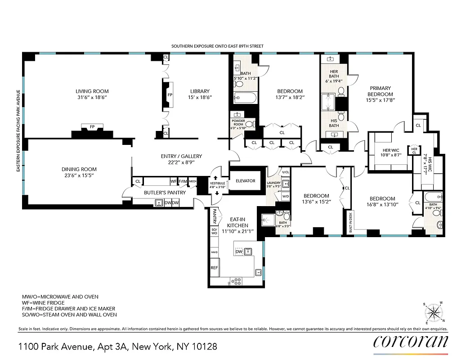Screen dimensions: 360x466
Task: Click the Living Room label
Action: pos(92,91)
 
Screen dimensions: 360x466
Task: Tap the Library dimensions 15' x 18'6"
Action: pos(200,97)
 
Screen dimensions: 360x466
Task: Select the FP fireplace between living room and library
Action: pos(170,95)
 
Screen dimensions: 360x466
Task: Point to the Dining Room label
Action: pos(80,169)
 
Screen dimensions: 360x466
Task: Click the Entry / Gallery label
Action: pos(181,156)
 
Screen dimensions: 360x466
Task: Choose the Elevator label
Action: pos(245,181)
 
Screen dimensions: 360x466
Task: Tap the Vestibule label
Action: pos(217,183)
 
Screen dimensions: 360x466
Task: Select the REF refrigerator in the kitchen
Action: pos(214,267)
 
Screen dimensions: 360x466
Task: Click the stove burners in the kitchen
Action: pos(236,281)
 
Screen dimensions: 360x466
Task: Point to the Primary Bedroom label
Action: pos(380,91)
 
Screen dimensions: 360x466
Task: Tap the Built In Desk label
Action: pos(350,220)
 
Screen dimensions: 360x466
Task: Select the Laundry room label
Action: pos(273,183)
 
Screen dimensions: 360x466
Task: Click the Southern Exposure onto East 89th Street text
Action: pos(217,46)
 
